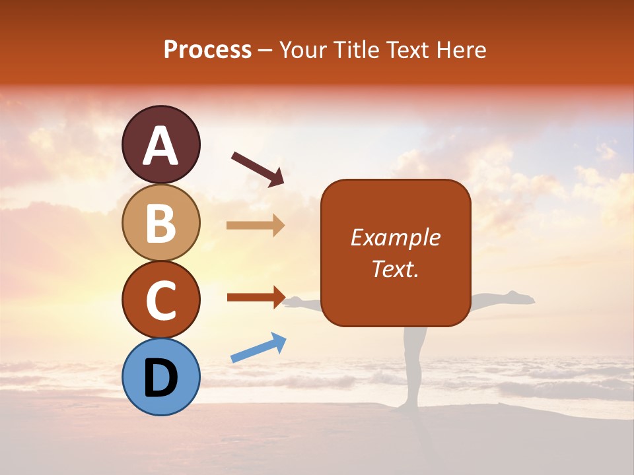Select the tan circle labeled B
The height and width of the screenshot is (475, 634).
161,223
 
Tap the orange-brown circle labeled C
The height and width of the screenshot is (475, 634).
161,300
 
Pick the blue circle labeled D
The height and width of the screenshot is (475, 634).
161,377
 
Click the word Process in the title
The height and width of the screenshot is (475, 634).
207,50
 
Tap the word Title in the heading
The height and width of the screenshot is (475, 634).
355,50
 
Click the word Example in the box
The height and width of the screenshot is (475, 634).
395,237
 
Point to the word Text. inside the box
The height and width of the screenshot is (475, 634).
395,269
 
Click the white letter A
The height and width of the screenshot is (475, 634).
161,145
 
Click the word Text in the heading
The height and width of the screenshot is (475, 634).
407,50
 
